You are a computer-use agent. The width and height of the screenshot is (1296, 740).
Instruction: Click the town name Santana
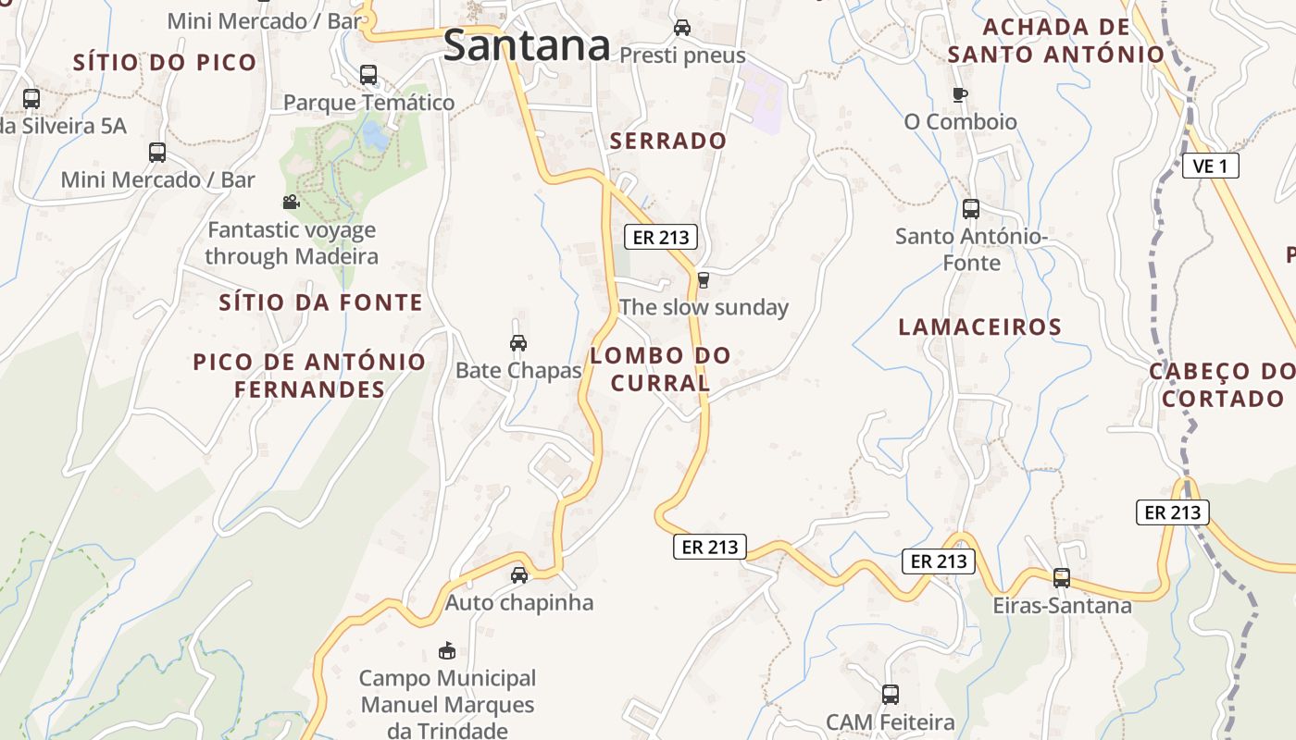527,44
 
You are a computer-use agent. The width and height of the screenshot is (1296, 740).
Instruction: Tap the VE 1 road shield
1210,166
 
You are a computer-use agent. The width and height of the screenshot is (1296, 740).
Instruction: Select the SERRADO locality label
668,141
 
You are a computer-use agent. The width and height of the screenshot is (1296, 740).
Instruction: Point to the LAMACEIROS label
979,327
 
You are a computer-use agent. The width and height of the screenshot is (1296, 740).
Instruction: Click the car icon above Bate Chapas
518,343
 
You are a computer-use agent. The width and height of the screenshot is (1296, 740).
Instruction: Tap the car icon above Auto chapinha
519,575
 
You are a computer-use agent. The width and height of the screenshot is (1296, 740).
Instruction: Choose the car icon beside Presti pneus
682,28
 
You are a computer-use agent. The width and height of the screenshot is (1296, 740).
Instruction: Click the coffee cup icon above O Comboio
960,94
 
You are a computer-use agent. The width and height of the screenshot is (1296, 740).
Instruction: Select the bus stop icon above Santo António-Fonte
970,209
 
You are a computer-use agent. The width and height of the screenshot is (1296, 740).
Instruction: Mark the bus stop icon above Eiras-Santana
1061,578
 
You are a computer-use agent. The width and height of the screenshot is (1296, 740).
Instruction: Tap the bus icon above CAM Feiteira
890,694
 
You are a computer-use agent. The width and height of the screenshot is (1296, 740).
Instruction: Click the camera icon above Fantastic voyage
291,202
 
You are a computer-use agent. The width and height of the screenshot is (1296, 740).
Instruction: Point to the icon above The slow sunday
703,279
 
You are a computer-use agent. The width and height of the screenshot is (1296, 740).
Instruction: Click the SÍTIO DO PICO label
165,63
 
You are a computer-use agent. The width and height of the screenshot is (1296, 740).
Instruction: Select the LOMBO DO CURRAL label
660,368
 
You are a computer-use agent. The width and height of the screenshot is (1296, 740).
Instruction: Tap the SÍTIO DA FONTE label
320,302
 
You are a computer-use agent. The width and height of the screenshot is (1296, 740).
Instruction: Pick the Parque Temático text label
368,102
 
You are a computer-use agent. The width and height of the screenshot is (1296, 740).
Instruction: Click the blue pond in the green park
375,136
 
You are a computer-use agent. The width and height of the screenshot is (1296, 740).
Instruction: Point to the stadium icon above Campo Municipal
447,650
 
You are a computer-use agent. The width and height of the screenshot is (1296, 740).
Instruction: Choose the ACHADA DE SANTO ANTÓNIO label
1055,41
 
